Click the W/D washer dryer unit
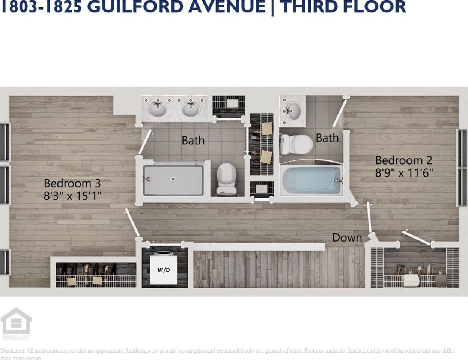(x=163, y=270)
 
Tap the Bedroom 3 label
(x=72, y=183)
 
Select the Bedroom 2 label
(x=404, y=160)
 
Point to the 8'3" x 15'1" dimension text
(x=72, y=196)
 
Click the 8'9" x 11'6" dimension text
(x=404, y=173)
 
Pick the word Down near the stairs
(x=347, y=237)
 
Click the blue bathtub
(x=311, y=180)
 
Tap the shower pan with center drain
(x=173, y=180)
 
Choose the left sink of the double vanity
(x=157, y=109)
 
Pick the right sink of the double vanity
(x=190, y=109)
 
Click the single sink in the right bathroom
(x=293, y=110)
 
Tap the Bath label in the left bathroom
(x=193, y=141)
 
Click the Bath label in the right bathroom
(x=327, y=138)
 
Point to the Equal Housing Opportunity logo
(x=16, y=324)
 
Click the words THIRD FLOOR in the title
(x=343, y=7)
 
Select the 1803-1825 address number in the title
(x=41, y=7)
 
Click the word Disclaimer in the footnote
(x=13, y=351)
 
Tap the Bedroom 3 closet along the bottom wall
(x=96, y=275)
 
